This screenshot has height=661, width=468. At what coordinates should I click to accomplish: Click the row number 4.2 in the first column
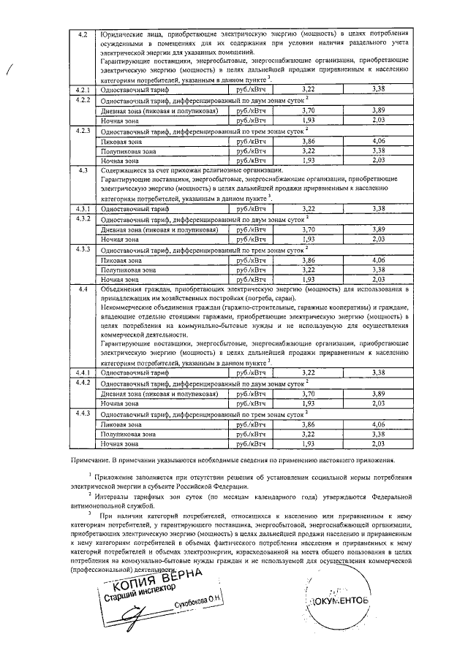83,34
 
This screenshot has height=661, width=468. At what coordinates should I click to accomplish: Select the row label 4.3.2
83,219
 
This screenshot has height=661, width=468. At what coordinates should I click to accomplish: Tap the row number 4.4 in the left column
83,290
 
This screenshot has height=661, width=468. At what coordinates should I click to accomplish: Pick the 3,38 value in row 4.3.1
378,209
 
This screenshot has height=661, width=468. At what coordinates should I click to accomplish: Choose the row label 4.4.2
83,383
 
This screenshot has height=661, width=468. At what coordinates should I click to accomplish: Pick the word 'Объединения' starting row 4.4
122,290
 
